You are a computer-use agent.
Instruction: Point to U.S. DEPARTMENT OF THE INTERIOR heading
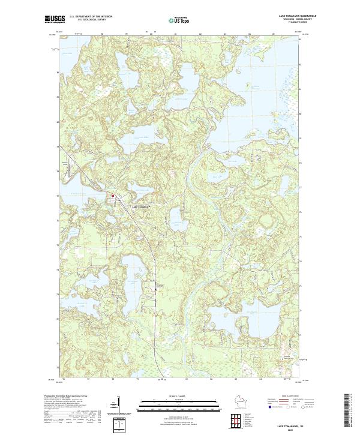coord(91,16)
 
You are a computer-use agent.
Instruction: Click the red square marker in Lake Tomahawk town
coord(112,196)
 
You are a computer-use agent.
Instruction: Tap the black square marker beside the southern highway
coord(157,289)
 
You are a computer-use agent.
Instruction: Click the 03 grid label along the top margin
coord(224,34)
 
